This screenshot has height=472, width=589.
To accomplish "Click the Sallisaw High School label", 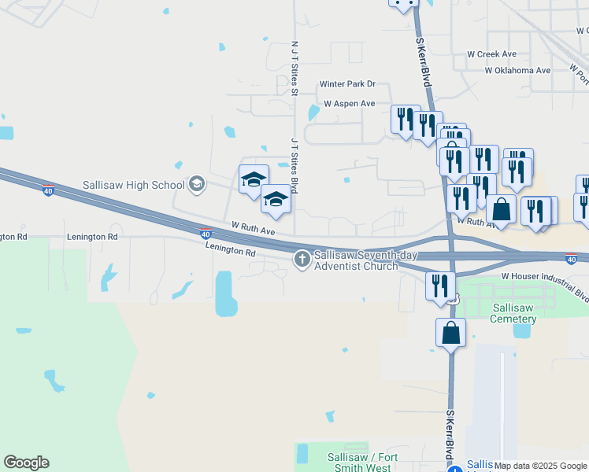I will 133,186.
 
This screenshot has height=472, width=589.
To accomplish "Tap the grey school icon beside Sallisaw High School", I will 196,185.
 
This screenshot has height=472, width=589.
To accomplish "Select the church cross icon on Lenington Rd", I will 302,259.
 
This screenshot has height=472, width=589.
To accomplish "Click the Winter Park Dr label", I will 347,84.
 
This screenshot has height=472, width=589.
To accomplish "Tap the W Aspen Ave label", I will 350,104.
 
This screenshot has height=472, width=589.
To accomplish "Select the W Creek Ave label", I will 491,54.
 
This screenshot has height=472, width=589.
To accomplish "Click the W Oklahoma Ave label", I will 517,70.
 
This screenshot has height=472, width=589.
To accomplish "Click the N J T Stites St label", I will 294,68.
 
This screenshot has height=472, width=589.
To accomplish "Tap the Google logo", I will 26,463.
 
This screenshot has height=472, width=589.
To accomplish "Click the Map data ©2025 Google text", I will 540,466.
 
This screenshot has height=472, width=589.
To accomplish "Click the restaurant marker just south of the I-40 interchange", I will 440,286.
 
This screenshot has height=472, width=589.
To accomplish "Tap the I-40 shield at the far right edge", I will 572,258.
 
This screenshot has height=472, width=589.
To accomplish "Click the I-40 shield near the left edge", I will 48,190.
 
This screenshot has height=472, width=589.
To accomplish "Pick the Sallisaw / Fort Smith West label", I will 362,463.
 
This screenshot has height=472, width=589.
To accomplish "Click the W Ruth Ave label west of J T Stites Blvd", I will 253,229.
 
